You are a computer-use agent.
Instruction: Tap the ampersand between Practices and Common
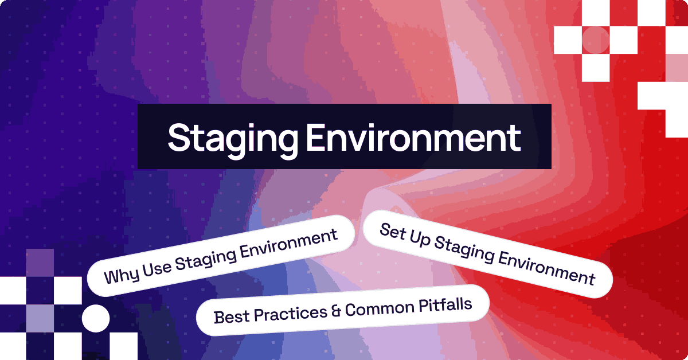pos(336,310)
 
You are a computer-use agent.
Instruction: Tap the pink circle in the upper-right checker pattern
pos(596,40)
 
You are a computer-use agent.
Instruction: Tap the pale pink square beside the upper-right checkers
pos(677,67)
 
